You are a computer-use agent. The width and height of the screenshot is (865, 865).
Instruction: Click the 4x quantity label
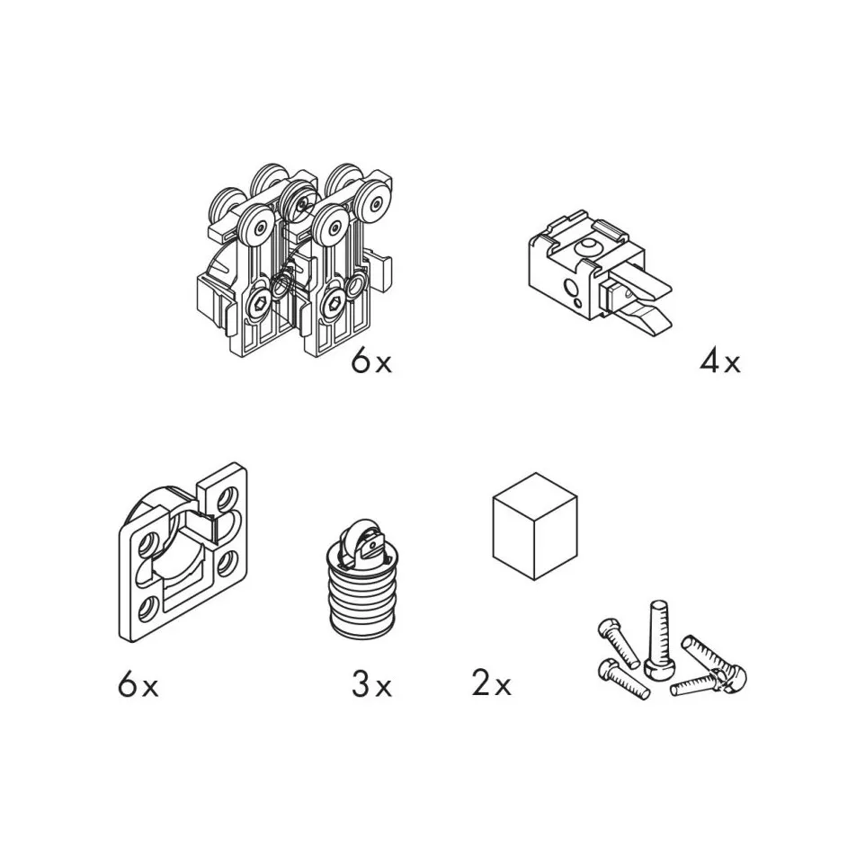tap(720, 362)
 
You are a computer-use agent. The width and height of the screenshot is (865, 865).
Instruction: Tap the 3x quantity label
tap(372, 686)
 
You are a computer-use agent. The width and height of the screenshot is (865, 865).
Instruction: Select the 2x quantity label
tap(492, 684)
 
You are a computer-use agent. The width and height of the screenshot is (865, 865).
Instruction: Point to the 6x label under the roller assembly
tap(372, 362)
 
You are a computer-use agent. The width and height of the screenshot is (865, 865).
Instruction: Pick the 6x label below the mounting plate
tap(138, 686)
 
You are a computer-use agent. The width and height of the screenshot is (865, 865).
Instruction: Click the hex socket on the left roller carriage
tap(261, 303)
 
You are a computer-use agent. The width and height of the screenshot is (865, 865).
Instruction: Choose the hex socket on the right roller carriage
tap(334, 301)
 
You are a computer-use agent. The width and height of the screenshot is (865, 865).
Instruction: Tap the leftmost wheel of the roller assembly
tap(227, 205)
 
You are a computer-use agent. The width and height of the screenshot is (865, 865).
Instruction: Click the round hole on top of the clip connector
tap(588, 245)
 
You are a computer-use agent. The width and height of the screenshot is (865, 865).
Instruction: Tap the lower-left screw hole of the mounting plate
tap(147, 609)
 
